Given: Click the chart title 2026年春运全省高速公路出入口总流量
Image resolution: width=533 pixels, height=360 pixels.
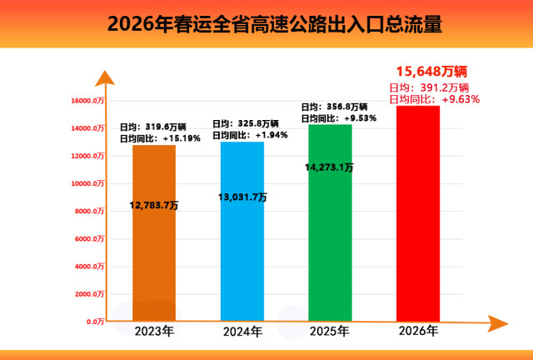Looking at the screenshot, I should pos(266,23).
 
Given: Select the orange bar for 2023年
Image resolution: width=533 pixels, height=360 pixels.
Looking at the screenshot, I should pos(154,250).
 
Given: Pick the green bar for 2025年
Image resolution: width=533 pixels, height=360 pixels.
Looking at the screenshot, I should pos(330,250).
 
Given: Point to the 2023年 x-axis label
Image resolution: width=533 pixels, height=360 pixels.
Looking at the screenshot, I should pos(155,332).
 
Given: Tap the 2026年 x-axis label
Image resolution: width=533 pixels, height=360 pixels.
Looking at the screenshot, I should pos(417,332).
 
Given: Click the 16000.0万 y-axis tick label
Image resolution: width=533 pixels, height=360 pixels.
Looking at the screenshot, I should pos(87,101).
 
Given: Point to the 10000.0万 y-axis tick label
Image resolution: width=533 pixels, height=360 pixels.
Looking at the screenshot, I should pos(87,183).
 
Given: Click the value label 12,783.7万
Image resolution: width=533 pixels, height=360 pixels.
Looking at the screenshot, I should pos(155,205).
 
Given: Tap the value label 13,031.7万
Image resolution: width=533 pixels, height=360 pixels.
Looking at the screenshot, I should pos(242,197).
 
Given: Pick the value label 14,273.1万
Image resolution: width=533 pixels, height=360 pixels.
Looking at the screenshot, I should pos(330,167).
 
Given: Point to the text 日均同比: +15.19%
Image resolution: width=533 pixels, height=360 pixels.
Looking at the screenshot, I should pos(160,138).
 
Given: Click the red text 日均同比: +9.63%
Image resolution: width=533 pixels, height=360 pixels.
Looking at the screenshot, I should pos(435,99).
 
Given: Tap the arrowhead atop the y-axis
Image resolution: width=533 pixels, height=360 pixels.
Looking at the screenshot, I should pos(103,79).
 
